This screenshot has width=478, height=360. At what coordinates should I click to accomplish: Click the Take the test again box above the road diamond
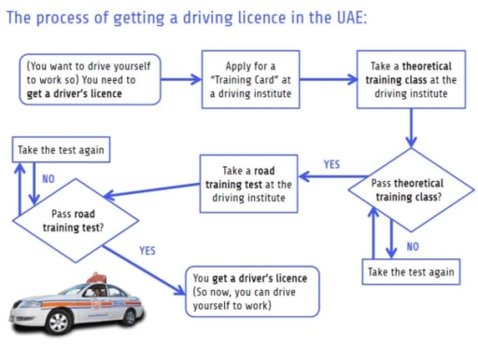pos(56,149)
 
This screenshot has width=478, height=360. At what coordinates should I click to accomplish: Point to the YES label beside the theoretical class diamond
pos(331,164)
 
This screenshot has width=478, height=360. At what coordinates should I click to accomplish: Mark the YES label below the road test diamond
pos(148,251)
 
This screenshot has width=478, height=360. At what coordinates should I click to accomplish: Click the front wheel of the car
pos(58,322)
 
